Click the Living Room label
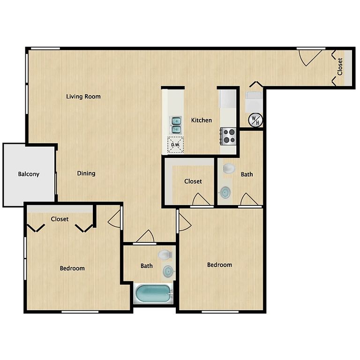tap(83, 97)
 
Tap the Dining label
tap(86, 173)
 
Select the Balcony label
tap(29, 174)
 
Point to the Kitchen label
tap(202, 120)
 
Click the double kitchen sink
tap(176, 125)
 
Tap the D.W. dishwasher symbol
tap(176, 145)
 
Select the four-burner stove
tap(228, 136)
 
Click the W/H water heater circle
tap(255, 120)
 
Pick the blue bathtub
tap(153, 293)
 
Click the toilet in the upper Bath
tap(229, 169)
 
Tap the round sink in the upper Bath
tap(225, 192)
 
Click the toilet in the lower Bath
tap(165, 255)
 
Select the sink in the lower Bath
tap(168, 271)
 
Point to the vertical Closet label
tap(340, 67)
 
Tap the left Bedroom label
tap(72, 268)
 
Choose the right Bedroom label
tap(219, 265)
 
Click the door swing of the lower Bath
tap(146, 236)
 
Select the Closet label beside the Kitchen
tap(193, 181)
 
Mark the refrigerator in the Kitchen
tap(228, 99)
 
